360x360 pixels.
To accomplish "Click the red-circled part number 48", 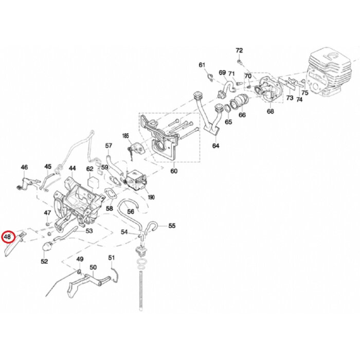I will (x=8, y=237).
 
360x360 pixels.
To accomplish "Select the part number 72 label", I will (x=239, y=50).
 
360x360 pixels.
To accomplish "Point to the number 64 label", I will (x=215, y=146).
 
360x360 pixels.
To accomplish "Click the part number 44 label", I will (x=73, y=168).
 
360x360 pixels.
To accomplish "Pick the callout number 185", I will (x=125, y=136).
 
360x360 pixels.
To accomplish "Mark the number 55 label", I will (x=172, y=225).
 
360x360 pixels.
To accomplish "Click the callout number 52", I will (x=44, y=261).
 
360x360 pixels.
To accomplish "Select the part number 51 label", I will (x=112, y=257).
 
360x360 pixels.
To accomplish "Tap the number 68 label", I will (x=270, y=111).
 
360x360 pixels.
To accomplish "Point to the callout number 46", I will (x=24, y=167).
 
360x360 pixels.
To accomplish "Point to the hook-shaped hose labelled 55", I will (x=152, y=225).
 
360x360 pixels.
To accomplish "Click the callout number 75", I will (x=305, y=93).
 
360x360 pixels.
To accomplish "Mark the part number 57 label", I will (x=109, y=146).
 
